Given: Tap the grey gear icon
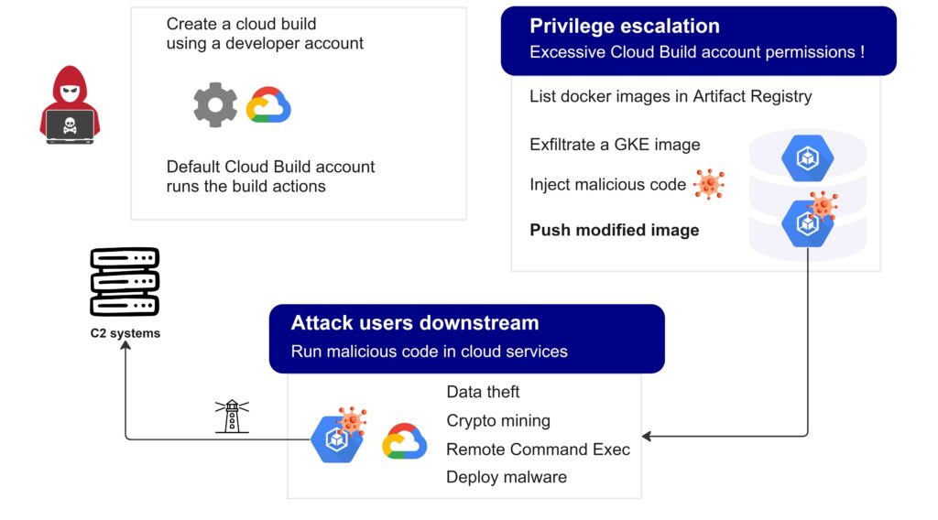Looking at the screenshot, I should [215, 104].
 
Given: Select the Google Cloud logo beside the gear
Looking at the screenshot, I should [268, 105].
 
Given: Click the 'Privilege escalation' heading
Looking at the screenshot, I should [624, 26].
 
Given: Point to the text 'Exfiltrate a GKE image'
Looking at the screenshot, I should [615, 145].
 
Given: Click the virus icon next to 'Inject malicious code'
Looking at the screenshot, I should [709, 185].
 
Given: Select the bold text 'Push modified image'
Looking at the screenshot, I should [614, 230].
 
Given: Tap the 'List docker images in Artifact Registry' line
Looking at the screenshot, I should [671, 96].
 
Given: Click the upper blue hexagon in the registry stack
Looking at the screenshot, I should [807, 158].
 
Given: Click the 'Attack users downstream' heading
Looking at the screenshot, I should [414, 322].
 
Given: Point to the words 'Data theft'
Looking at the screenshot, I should [483, 392].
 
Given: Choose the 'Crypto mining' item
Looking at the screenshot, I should [497, 421].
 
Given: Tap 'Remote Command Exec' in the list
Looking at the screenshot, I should [538, 450].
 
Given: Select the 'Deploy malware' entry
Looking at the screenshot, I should [506, 477].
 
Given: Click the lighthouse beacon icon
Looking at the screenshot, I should [232, 416].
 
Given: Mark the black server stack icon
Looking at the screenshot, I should [125, 282].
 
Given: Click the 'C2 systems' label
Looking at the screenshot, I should [125, 333].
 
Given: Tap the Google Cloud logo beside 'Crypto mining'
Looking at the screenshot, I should [404, 441].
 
